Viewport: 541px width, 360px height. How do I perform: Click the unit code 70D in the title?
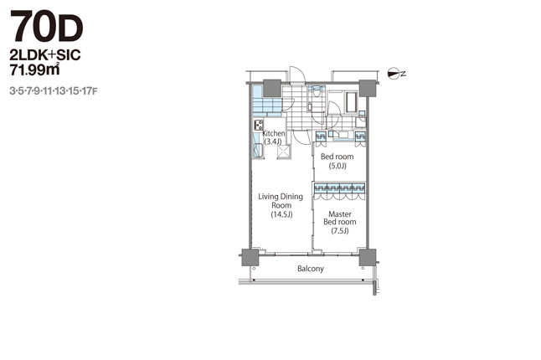47,26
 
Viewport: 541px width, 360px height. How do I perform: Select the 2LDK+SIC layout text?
45,55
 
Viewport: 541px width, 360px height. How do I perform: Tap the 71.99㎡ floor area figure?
34,69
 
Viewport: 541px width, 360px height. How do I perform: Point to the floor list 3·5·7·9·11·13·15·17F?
54,91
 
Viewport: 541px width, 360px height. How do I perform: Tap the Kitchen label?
274,133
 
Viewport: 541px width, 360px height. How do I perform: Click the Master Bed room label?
339,218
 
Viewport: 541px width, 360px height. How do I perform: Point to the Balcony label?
311,269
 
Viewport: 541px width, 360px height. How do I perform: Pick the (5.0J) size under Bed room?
337,166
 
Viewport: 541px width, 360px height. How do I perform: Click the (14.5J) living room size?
281,214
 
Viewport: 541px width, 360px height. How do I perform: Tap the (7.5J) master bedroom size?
340,231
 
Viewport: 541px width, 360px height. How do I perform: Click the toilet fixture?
316,91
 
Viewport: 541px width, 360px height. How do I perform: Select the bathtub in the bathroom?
351,102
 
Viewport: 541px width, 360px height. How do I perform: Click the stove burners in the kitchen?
259,125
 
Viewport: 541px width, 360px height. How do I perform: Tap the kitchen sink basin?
258,151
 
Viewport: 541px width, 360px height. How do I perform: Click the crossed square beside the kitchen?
284,152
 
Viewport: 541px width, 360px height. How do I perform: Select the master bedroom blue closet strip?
339,188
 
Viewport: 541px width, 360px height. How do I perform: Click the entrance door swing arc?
298,73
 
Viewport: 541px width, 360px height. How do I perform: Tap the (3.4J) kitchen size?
272,141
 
